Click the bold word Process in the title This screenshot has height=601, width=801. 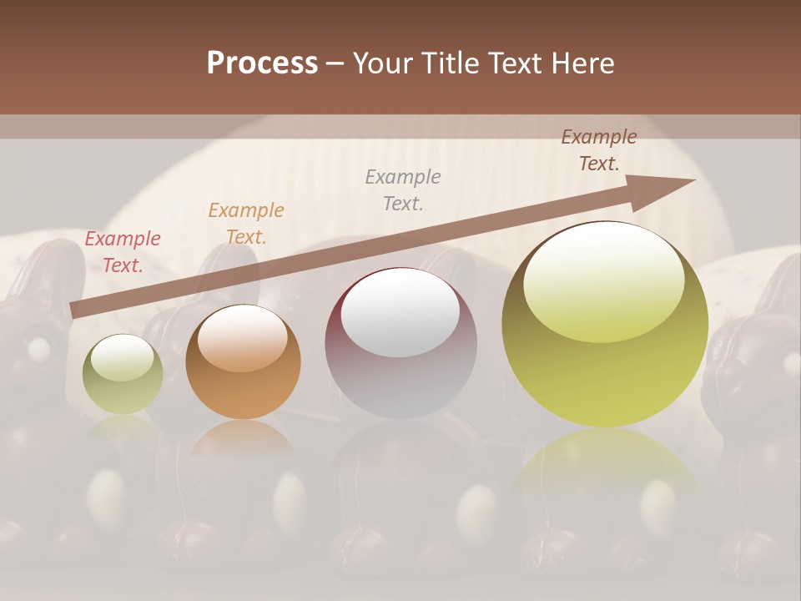click(x=262, y=63)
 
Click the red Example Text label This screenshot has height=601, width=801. click(x=123, y=252)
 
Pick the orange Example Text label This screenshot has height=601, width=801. click(x=245, y=223)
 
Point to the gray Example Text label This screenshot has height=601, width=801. click(x=403, y=189)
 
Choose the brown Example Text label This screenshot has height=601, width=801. click(x=598, y=150)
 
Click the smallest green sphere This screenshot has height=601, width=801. click(x=123, y=376)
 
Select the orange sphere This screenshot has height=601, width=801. click(x=243, y=363)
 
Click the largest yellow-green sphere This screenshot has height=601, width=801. click(x=605, y=326)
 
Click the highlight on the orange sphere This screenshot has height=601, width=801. click(x=243, y=337)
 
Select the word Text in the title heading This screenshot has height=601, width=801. click(x=511, y=63)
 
